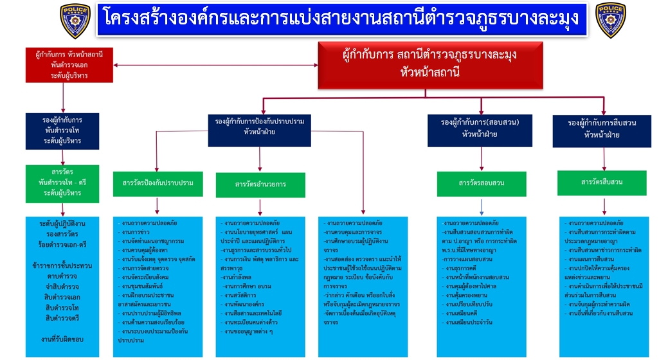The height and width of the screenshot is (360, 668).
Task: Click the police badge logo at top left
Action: coord(75,21)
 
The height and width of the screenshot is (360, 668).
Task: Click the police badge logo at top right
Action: coord(611,21)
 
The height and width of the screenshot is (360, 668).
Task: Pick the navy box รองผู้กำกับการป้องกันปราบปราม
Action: coord(260,127)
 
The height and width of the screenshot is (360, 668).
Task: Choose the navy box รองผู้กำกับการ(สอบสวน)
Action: coord(480,127)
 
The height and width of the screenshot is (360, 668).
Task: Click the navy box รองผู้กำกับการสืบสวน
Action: coord(602,129)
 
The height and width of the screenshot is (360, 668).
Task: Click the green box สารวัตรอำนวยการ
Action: coord(260,184)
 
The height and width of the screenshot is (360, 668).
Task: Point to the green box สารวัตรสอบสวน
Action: coord(482,183)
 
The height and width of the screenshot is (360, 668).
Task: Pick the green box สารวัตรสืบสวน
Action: coord(602,182)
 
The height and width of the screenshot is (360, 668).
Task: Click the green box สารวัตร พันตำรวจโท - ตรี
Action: coord(63,183)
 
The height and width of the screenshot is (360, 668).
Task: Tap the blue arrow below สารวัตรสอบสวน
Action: coord(482,206)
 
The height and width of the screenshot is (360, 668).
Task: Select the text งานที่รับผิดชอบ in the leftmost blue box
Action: coord(62,339)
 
